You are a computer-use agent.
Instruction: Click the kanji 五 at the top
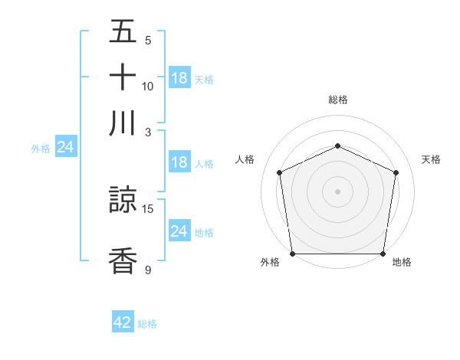(x=123, y=32)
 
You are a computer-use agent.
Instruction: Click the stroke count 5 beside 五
(x=148, y=41)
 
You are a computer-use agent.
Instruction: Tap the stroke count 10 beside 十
(x=148, y=86)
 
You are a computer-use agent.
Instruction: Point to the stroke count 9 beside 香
(x=148, y=270)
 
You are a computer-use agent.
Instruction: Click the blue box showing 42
(x=123, y=322)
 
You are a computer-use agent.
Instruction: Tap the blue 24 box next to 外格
(x=66, y=147)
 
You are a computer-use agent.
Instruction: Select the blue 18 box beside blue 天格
(x=179, y=78)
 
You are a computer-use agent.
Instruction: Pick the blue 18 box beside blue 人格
(x=179, y=162)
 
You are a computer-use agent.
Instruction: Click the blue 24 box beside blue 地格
(x=179, y=231)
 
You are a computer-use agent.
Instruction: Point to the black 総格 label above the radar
(x=338, y=100)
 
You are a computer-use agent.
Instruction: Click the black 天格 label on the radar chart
(x=432, y=159)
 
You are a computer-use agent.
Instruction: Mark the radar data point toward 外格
(x=292, y=254)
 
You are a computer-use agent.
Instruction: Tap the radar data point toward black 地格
(x=383, y=254)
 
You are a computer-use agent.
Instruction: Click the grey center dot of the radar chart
(x=338, y=191)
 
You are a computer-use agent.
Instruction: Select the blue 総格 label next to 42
(x=147, y=324)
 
